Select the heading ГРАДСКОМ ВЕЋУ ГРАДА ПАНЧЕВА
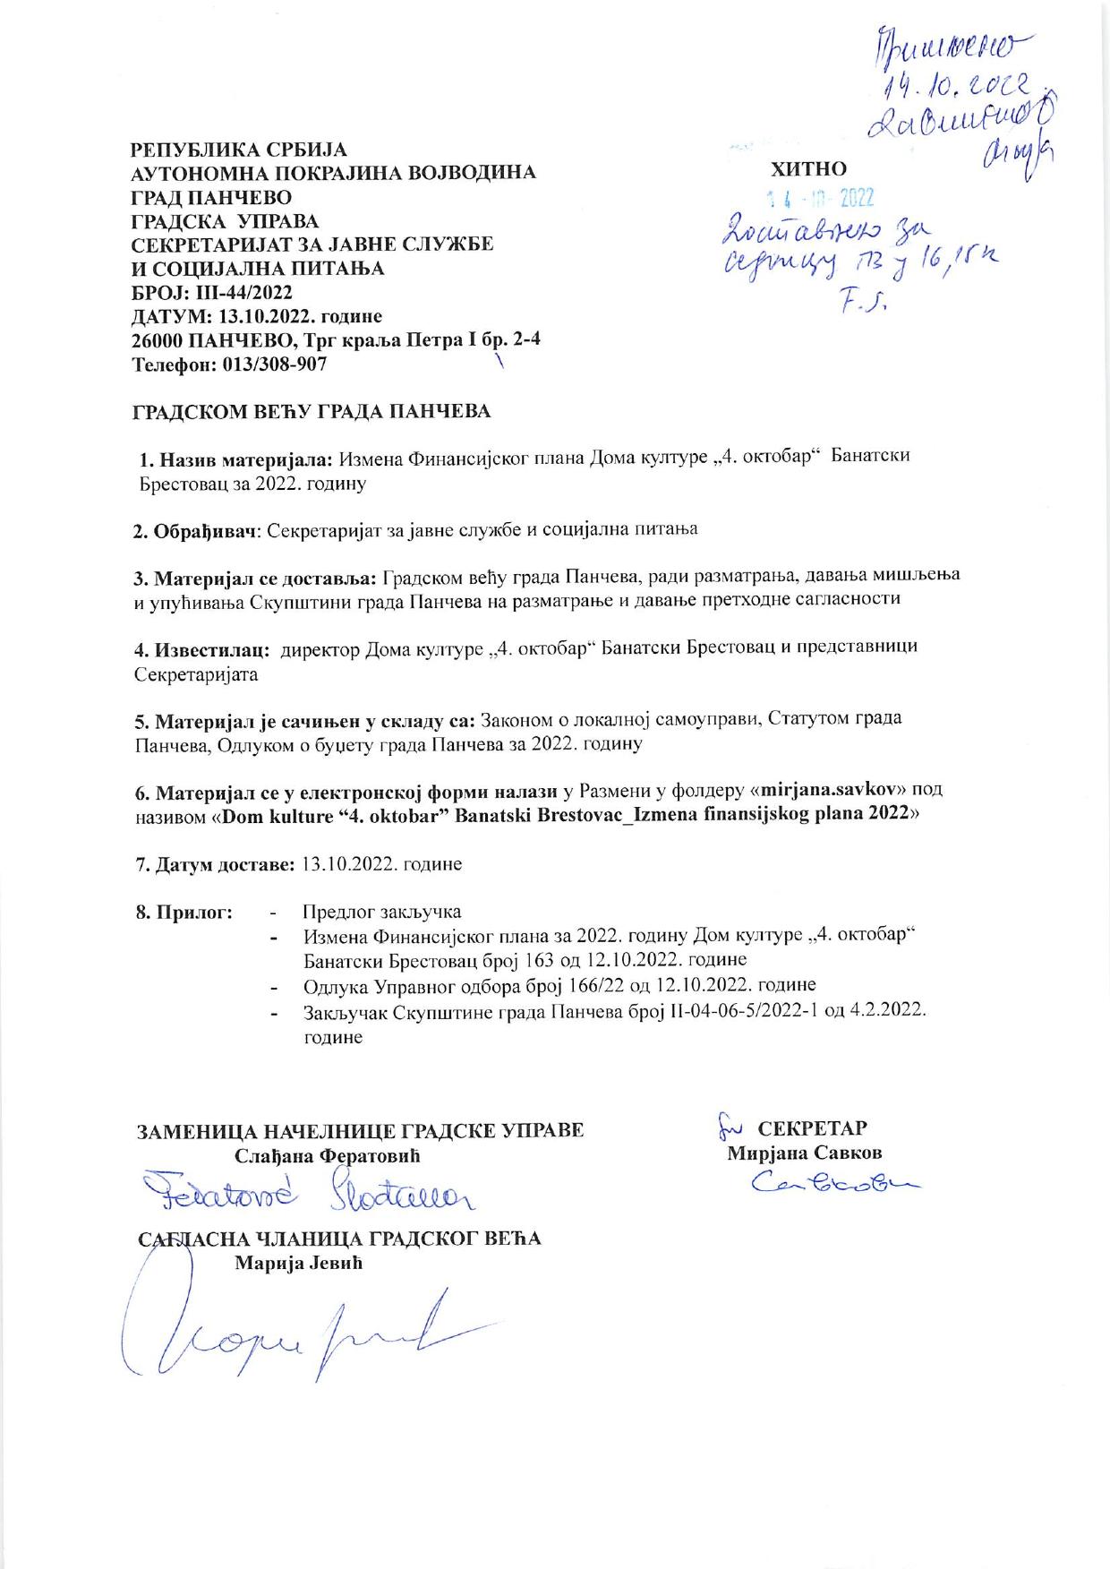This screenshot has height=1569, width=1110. pos(312,412)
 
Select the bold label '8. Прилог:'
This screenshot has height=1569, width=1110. pos(184,912)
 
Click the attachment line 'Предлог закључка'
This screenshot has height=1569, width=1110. pos(382,912)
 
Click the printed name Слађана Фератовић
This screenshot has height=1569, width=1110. pos(327,1155)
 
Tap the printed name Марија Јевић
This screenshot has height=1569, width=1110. pos(300,1264)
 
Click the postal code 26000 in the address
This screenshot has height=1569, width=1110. pos(158,341)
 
